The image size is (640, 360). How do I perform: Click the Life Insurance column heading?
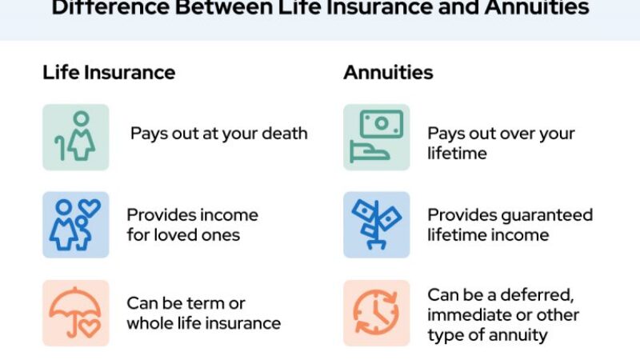(109, 73)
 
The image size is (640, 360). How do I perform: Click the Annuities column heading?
(388, 73)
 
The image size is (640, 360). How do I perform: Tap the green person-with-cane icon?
(76, 137)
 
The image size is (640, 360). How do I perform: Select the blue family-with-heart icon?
(76, 225)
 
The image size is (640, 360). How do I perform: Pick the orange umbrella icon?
(76, 313)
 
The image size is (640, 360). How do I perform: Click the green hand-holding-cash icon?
(377, 137)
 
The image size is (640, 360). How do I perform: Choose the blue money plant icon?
(377, 225)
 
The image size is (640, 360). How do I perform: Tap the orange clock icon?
(377, 313)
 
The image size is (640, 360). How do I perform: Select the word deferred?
(537, 295)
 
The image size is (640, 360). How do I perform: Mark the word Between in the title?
(223, 7)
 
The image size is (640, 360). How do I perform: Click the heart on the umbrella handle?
(90, 327)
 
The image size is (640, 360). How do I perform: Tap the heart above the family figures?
(90, 208)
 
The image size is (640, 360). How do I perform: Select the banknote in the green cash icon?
(382, 124)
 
